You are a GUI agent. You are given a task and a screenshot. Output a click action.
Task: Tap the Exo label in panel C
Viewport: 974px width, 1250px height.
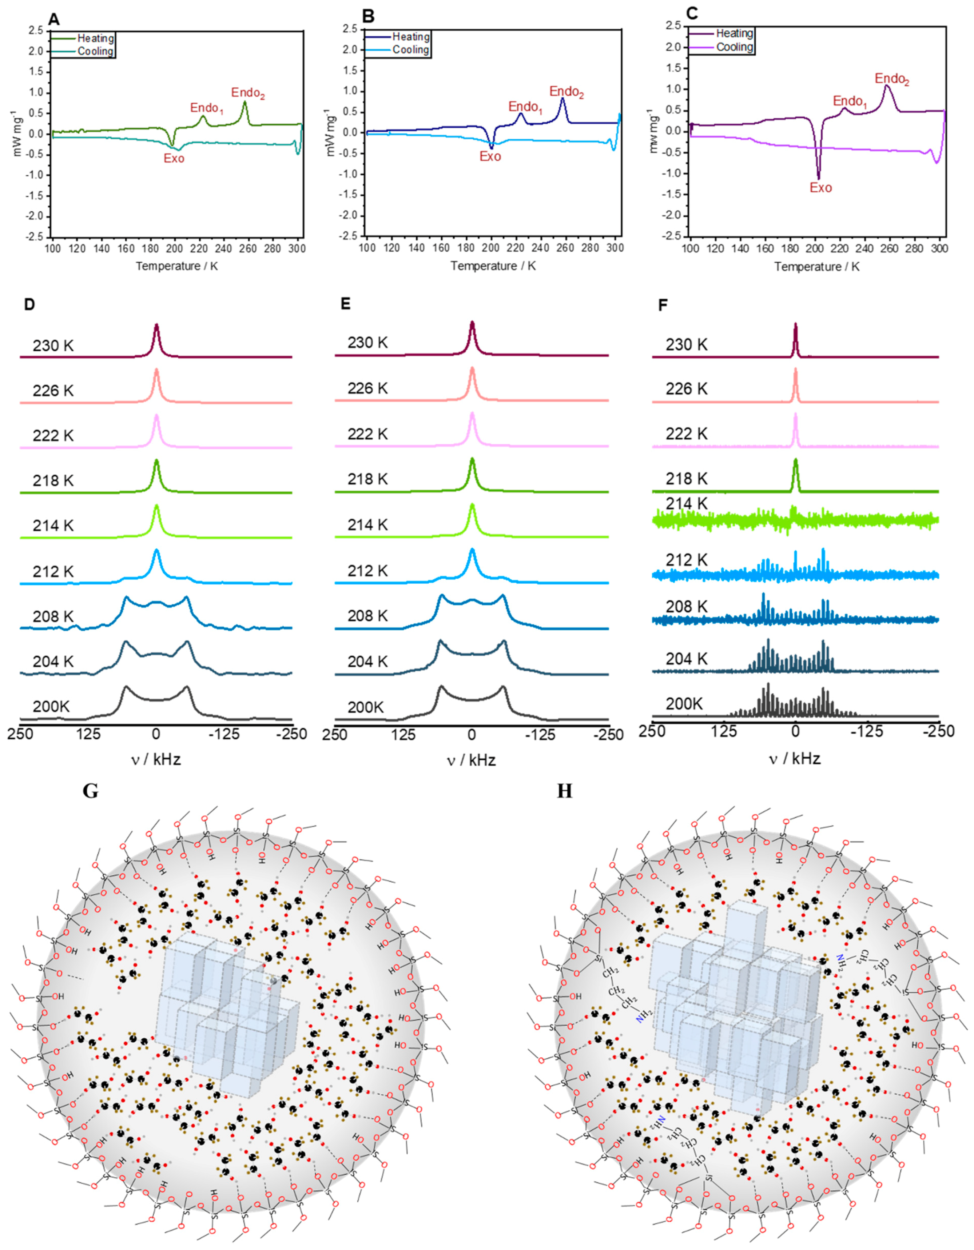820,188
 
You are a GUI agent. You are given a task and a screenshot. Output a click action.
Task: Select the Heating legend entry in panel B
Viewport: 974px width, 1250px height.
410,37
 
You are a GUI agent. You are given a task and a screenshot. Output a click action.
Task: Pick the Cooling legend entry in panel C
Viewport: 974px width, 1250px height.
735,47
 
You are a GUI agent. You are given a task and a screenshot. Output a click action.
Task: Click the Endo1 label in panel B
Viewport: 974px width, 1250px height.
525,107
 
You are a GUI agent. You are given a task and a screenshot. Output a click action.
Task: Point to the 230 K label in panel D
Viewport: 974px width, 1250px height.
53,346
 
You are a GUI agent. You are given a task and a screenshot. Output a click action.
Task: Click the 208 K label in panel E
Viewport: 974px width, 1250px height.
367,616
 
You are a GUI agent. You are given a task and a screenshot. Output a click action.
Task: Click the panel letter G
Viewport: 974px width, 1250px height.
91,791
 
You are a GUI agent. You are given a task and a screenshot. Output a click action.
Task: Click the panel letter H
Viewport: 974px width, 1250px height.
565,791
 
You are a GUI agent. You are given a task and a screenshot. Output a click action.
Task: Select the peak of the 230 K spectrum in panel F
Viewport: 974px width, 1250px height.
795,324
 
